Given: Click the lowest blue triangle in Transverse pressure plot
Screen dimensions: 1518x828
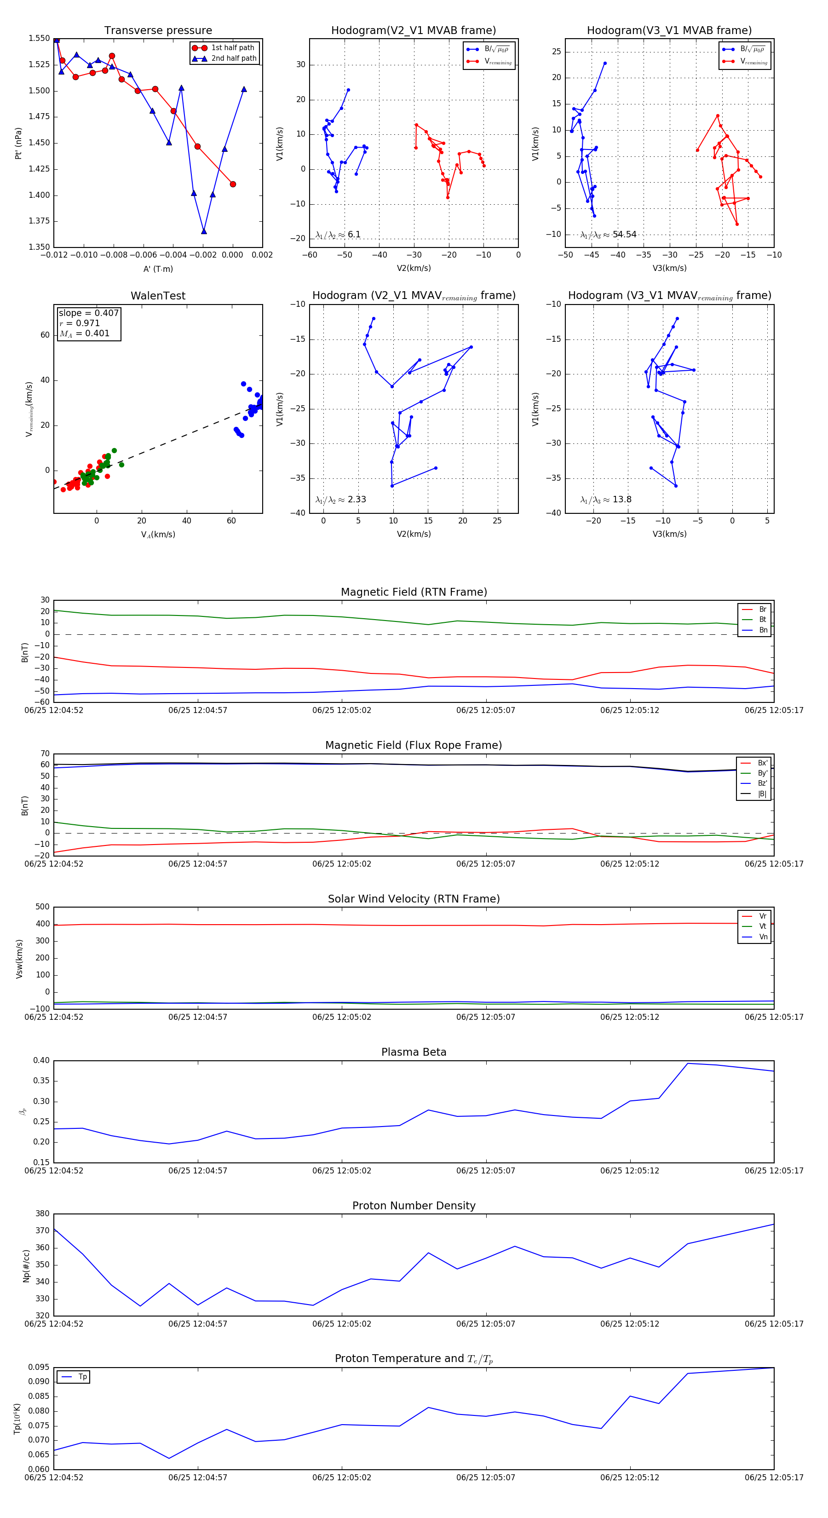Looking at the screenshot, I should coord(204,231).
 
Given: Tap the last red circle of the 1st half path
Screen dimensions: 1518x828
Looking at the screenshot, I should coord(233,184).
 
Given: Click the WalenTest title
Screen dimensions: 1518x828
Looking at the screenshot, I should coord(158,296).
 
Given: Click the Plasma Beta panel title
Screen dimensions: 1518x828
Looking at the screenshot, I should coord(414,1052).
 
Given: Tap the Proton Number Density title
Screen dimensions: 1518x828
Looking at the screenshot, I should coord(414,1206).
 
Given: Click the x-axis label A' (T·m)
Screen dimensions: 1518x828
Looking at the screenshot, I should coord(158,269).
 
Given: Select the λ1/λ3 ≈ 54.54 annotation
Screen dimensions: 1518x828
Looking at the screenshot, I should coord(608,235).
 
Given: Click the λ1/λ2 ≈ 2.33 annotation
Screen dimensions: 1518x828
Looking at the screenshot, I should coord(340,500).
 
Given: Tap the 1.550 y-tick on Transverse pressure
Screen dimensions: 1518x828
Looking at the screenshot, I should coord(39,38).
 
